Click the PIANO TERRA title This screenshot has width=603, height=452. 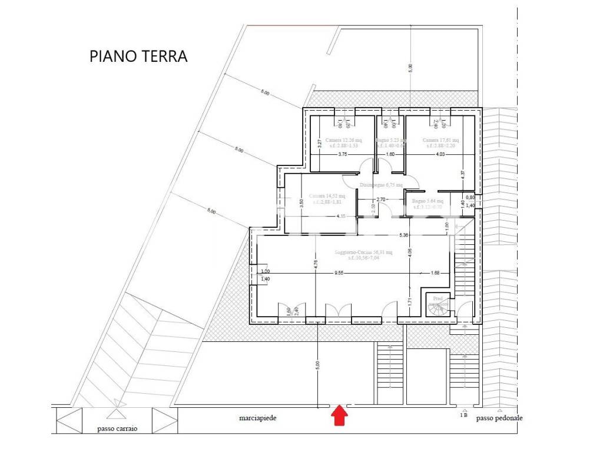click(x=138, y=56)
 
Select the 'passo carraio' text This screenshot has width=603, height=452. click(x=117, y=429)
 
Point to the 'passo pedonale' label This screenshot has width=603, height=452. click(x=499, y=418)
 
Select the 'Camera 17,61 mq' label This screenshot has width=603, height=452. click(x=440, y=140)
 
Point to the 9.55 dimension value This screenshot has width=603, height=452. click(x=339, y=273)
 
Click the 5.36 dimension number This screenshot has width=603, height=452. click(x=404, y=235)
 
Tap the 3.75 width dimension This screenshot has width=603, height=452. click(x=343, y=155)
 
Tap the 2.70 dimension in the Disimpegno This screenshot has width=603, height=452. click(x=380, y=200)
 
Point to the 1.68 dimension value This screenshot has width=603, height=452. click(x=436, y=273)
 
